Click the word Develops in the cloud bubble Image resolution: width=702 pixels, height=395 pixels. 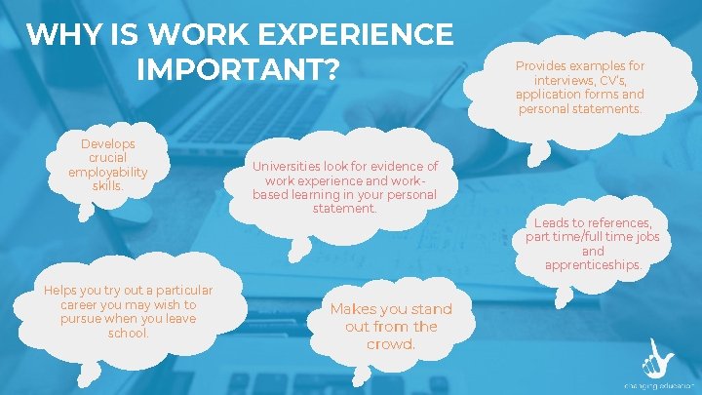point(107,143)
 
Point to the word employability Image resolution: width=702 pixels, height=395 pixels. point(107,172)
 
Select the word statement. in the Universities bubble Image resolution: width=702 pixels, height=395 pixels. point(344,208)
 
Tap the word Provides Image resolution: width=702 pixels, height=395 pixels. point(546,66)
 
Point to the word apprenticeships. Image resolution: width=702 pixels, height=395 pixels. point(593,264)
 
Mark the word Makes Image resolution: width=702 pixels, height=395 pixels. point(353,309)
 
